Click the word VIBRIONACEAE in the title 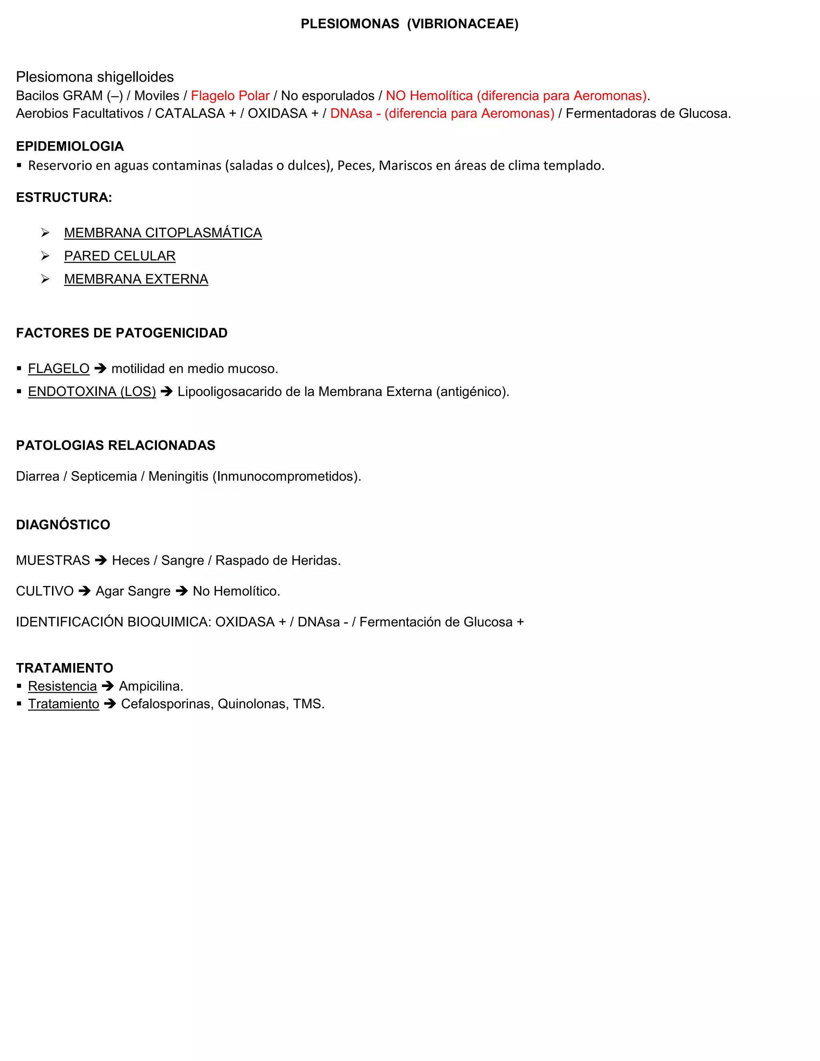tap(462, 24)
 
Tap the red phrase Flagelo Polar tap(230, 96)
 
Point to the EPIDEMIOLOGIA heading tap(70, 146)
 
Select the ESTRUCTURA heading tap(64, 197)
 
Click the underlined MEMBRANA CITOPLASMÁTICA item tap(163, 233)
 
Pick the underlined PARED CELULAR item tap(119, 256)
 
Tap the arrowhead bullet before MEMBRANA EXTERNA tap(45, 279)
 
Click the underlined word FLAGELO tap(58, 369)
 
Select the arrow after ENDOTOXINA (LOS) tap(167, 392)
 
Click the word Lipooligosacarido tap(229, 392)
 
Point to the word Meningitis tap(178, 476)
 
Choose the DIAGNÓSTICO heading tap(63, 524)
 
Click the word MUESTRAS tap(52, 561)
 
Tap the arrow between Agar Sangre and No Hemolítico tap(182, 591)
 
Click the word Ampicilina tap(151, 686)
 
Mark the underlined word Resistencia tap(62, 686)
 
